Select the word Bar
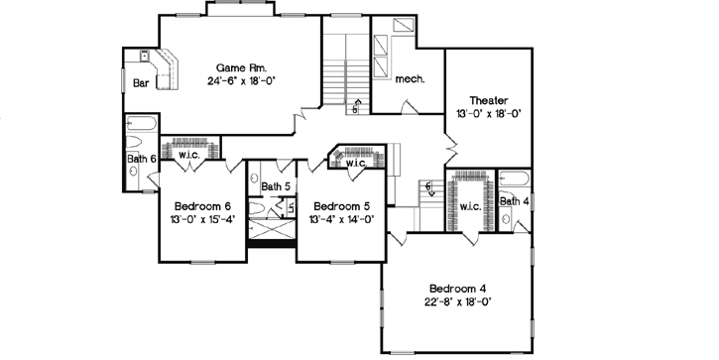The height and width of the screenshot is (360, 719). pyautogui.click(x=143, y=83)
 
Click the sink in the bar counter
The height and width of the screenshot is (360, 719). pyautogui.click(x=143, y=58)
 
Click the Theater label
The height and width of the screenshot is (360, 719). pyautogui.click(x=489, y=99)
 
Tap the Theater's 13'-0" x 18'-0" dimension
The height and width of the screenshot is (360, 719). pyautogui.click(x=489, y=114)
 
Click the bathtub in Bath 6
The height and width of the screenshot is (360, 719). pyautogui.click(x=140, y=125)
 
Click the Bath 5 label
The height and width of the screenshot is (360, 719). pyautogui.click(x=274, y=185)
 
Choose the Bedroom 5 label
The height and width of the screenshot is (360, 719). pyautogui.click(x=340, y=205)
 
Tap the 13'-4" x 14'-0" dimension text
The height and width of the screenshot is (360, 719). pyautogui.click(x=340, y=219)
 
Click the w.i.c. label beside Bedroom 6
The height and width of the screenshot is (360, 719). pyautogui.click(x=190, y=156)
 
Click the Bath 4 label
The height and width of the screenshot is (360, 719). pyautogui.click(x=514, y=201)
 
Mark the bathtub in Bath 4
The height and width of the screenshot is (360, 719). pyautogui.click(x=515, y=180)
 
